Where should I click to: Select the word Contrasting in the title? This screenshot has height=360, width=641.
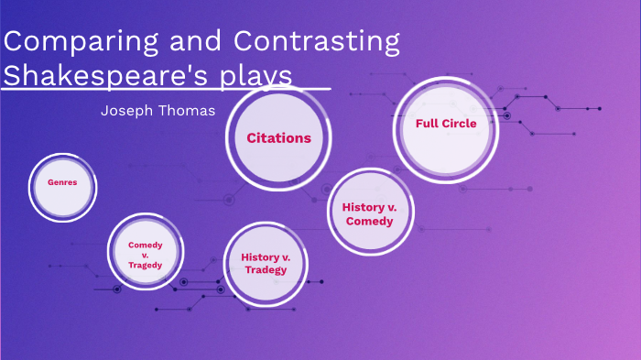317,43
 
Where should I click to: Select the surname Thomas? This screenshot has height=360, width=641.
190,111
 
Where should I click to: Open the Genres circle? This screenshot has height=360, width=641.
62,182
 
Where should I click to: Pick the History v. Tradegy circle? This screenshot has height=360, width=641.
266,263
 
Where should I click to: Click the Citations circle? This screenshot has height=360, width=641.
278,138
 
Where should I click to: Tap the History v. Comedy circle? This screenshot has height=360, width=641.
369,213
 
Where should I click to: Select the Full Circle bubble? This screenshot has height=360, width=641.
446,124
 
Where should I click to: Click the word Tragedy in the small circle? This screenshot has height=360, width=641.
145,266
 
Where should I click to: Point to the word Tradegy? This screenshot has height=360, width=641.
266,269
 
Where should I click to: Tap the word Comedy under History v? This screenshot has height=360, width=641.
369,221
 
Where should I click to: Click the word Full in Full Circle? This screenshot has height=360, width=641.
426,124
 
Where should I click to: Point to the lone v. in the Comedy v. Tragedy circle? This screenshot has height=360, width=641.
145,255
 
